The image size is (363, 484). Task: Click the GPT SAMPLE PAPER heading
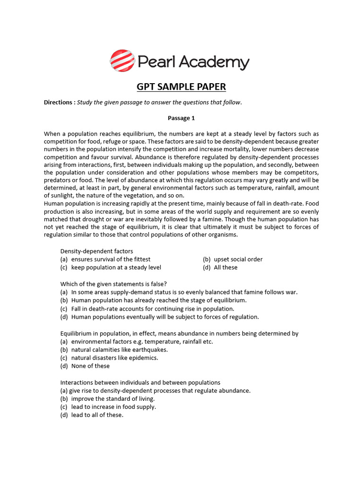[181, 87]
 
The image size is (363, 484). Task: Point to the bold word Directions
[59, 102]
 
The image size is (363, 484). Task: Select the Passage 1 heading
[181, 118]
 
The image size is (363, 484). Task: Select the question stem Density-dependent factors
[97, 251]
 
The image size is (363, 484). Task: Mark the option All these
[225, 267]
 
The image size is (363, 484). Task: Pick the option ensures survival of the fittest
[111, 259]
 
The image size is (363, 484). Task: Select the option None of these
[90, 366]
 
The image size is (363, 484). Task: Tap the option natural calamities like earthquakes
[119, 350]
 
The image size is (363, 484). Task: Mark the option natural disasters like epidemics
[114, 358]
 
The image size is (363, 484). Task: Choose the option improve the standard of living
[113, 398]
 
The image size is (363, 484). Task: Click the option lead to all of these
[97, 415]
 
